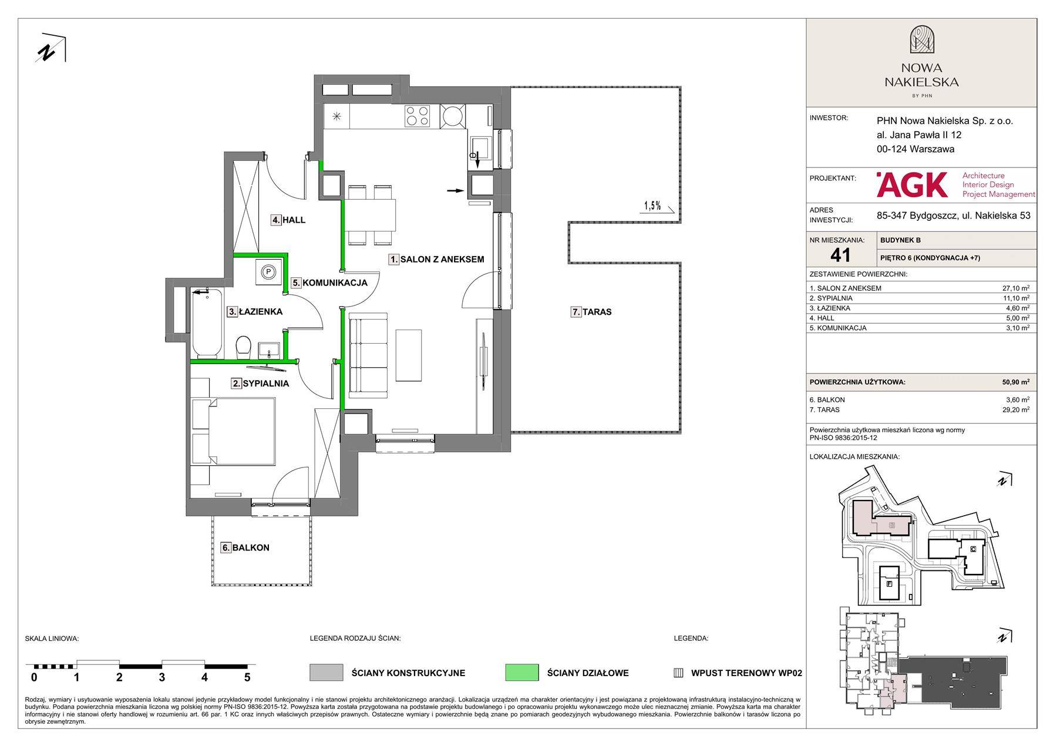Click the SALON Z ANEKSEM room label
(x=442, y=259)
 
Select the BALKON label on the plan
(x=251, y=547)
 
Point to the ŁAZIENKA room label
(x=261, y=312)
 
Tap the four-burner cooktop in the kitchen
(x=417, y=116)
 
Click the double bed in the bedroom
(x=234, y=431)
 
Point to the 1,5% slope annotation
(x=652, y=206)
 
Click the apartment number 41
(x=840, y=254)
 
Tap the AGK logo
(x=911, y=184)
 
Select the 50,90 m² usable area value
(x=1015, y=382)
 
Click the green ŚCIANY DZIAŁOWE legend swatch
(x=521, y=673)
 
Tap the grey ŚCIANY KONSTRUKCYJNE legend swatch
(x=326, y=673)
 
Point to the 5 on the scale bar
(x=247, y=677)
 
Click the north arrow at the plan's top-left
(x=50, y=48)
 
